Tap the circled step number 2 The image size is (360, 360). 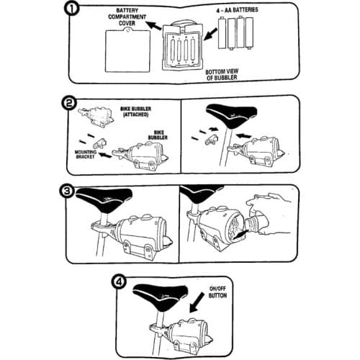tap(69, 104)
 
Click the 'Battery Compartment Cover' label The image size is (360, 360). tap(127, 17)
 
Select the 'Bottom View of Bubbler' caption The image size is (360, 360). tap(222, 74)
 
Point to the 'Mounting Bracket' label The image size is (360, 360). tap(86, 154)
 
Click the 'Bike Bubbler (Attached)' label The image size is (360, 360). tap(135, 112)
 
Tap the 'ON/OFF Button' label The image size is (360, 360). tap(217, 292)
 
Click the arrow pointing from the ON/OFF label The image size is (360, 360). tap(197, 303)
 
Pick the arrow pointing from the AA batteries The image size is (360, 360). tap(210, 35)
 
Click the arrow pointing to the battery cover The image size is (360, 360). tap(153, 25)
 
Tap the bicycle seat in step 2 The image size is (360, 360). tap(232, 116)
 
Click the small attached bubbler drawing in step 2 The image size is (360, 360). tap(96, 116)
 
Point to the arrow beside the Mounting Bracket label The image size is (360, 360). tap(105, 155)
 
